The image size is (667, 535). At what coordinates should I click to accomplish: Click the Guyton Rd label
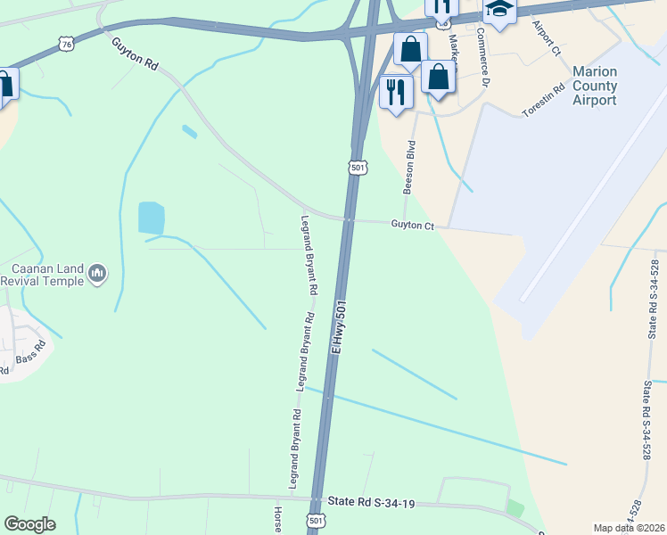(135, 53)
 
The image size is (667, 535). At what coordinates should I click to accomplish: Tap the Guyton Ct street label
(412, 226)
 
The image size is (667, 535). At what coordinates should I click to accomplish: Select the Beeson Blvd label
(410, 167)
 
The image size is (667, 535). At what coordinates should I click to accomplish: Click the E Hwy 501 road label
(339, 327)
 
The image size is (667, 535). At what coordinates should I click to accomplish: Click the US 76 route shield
(64, 43)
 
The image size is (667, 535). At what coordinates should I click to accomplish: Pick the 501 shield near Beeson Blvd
(358, 167)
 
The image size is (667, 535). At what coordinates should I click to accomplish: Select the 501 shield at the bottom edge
(315, 520)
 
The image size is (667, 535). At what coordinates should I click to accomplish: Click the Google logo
(29, 524)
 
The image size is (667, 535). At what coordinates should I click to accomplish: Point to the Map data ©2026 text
(628, 528)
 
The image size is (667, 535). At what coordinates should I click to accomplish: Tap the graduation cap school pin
(499, 11)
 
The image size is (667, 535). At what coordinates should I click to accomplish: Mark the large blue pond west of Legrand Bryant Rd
(152, 218)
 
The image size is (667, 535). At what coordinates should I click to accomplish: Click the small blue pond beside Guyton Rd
(189, 132)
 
